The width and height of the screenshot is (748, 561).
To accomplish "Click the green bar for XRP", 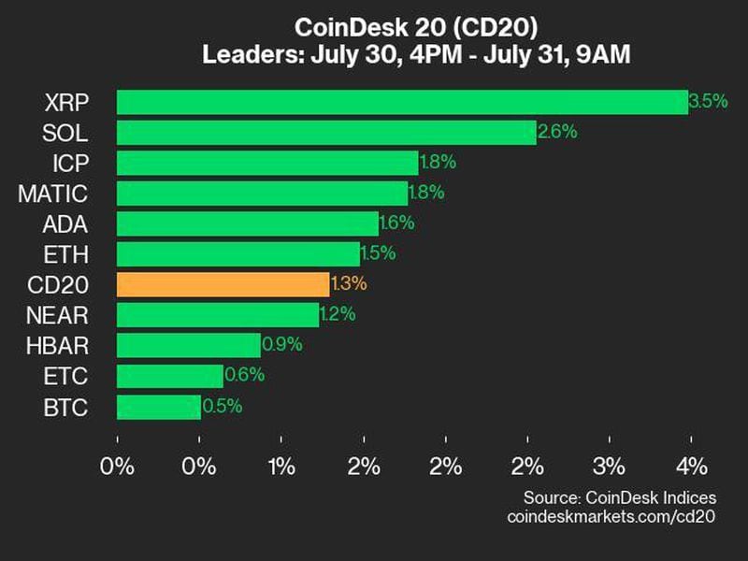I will (402, 102).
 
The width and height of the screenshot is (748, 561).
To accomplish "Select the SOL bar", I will (326, 132).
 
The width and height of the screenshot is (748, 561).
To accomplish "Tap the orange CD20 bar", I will (223, 284).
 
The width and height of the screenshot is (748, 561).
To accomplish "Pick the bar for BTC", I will (158, 406).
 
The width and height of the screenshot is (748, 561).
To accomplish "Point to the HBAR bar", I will (188, 345).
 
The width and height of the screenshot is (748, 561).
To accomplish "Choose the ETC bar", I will (169, 376).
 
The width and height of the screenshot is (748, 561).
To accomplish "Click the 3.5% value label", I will (708, 101).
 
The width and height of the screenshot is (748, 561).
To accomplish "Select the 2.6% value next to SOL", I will (557, 132).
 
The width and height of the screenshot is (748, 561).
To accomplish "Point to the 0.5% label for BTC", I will (223, 406).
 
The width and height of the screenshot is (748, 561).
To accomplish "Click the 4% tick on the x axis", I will (692, 466).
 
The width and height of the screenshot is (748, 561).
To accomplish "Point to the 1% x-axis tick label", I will (281, 466).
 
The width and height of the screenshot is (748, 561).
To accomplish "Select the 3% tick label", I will (610, 466).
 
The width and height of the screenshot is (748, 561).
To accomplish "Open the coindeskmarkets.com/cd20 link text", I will (611, 515).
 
